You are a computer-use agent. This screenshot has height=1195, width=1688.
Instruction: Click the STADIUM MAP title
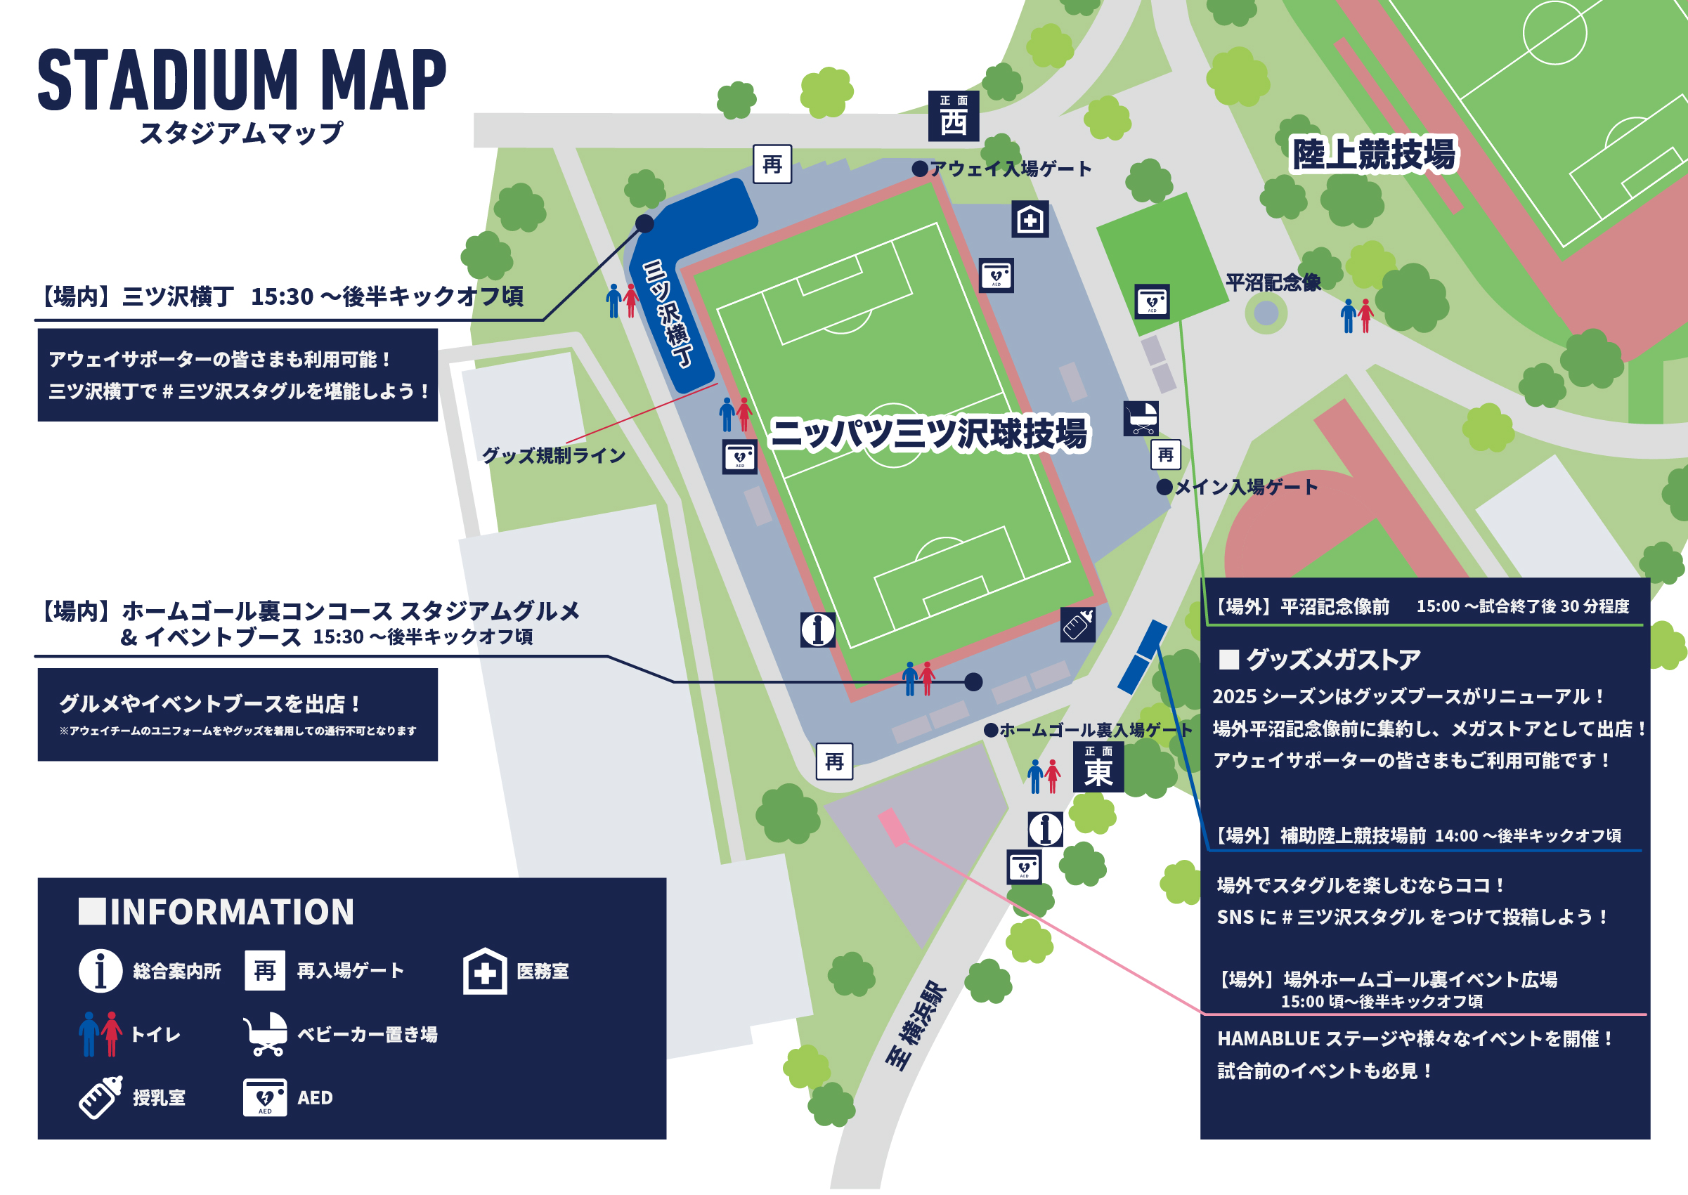point(242,80)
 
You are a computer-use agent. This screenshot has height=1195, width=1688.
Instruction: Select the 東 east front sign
point(1098,766)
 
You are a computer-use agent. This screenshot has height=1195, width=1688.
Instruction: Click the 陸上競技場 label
point(1374,155)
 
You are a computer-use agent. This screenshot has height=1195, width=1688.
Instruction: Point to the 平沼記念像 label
point(1273,282)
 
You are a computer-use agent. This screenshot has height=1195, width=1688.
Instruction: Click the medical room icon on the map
point(1029,219)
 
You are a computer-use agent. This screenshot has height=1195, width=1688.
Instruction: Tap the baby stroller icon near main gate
point(1141,419)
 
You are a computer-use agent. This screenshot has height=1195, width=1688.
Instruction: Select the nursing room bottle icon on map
point(1077,625)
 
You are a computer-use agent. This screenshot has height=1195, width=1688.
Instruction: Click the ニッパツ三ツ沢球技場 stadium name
point(928,434)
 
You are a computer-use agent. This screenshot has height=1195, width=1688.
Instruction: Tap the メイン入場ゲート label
point(1245,487)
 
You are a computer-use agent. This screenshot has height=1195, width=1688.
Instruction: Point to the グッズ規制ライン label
point(554,456)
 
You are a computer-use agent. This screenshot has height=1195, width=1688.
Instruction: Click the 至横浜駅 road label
point(916,1025)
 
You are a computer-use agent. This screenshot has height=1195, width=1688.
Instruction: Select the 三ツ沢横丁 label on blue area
point(668,314)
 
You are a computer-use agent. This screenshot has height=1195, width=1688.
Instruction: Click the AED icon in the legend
point(265,1097)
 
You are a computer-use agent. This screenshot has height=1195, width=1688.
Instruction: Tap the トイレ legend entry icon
point(100,1034)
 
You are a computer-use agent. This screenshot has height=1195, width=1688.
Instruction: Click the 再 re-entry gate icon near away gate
point(772,164)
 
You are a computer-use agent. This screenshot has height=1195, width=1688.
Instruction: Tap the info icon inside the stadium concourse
point(817,630)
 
